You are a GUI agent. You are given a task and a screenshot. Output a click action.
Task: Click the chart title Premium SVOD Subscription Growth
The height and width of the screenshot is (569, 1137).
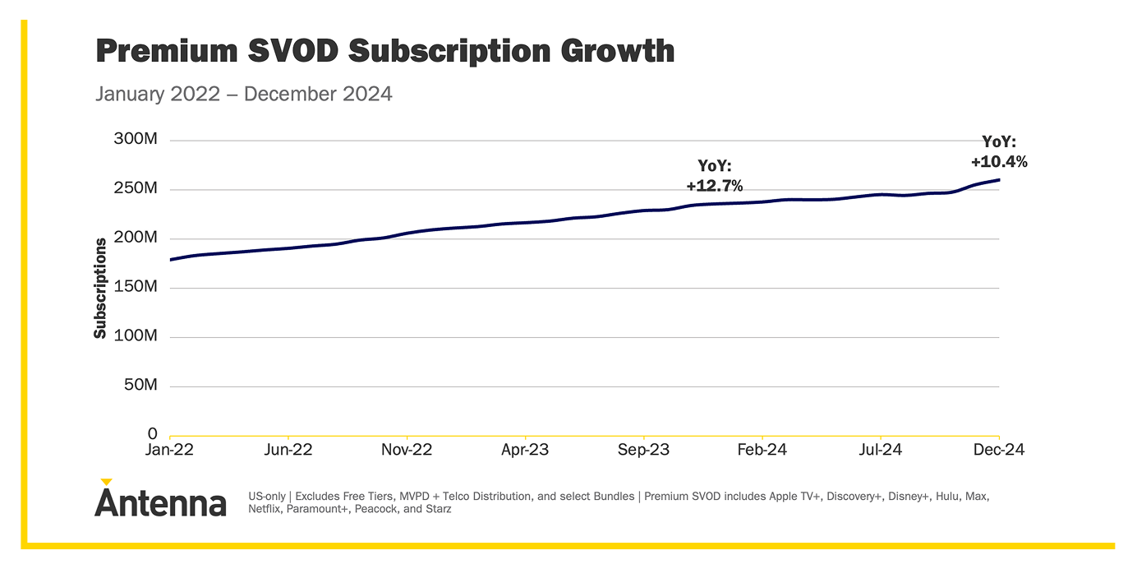384,51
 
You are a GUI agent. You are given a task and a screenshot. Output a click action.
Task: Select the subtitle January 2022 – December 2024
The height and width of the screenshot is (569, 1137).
244,94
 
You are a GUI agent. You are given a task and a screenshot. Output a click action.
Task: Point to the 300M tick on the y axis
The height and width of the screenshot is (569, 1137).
136,140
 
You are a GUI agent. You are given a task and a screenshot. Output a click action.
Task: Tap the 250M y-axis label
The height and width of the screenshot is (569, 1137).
136,189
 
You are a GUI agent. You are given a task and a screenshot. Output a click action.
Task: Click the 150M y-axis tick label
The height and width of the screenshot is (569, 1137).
136,287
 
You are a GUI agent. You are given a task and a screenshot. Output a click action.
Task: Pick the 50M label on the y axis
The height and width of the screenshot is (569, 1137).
140,386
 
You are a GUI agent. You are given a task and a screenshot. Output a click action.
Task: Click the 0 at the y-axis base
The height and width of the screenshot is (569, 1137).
152,434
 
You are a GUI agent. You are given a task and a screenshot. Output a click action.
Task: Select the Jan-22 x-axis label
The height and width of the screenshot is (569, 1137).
170,451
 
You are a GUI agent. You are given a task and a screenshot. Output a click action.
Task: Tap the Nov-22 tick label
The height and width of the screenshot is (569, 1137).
407,451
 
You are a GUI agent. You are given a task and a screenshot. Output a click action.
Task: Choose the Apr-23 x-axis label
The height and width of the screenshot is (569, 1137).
525,451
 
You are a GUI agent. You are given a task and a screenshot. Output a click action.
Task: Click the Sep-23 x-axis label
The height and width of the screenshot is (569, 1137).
644,451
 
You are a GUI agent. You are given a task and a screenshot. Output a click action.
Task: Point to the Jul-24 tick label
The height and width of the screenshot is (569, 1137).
881,451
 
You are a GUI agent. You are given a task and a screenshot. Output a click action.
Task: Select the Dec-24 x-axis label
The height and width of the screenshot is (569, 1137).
999,451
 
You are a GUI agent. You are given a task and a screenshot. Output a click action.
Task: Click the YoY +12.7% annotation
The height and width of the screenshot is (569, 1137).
714,176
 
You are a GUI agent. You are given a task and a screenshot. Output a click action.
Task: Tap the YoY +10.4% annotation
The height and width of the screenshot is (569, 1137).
999,152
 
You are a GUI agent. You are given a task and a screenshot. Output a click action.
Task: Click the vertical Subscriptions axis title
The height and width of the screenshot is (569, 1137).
100,288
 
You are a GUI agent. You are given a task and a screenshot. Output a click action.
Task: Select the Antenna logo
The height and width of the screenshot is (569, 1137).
160,499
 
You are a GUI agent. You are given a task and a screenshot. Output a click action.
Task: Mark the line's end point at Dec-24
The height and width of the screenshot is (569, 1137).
999,179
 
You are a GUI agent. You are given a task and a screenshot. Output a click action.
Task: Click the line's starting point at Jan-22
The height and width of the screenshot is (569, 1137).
170,260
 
